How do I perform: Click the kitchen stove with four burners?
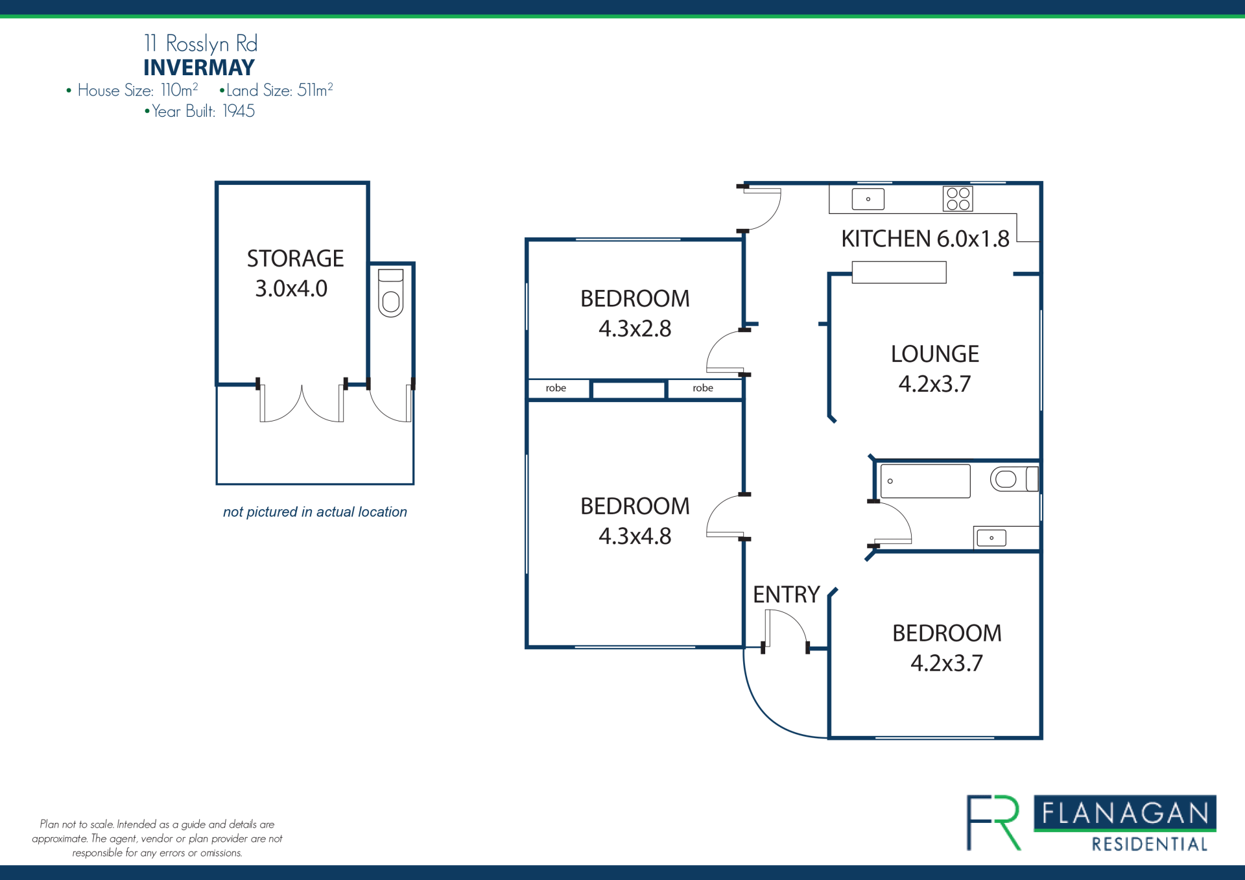(958, 199)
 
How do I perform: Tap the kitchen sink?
(868, 199)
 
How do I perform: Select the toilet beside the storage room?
(390, 292)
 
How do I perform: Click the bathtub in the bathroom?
(925, 481)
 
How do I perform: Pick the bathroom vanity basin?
(991, 538)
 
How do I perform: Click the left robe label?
(556, 388)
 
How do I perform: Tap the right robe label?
(703, 388)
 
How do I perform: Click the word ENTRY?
(787, 595)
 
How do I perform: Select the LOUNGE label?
(934, 354)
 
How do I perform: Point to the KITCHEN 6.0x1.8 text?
(925, 239)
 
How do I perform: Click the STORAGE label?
(295, 259)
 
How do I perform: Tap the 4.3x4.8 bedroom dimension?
(635, 536)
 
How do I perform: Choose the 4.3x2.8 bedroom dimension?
(635, 329)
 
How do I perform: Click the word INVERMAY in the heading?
(199, 67)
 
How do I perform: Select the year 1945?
(239, 112)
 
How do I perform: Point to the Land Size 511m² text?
(277, 90)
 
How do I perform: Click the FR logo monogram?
(993, 822)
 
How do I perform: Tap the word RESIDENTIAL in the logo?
(1150, 844)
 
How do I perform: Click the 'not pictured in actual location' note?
(315, 512)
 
